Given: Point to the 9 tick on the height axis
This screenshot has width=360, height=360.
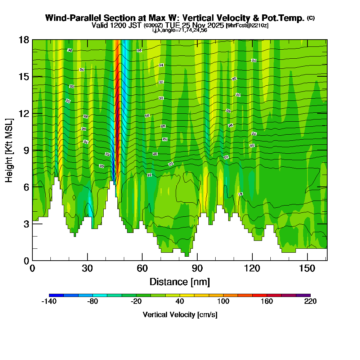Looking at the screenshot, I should point(32,150).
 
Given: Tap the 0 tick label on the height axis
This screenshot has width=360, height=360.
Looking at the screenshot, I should point(26,260).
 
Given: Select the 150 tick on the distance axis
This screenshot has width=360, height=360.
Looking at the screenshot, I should point(307,260).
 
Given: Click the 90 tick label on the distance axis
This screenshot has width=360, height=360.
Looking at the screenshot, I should point(197,269).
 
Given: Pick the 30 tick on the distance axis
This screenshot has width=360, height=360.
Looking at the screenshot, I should point(87,260).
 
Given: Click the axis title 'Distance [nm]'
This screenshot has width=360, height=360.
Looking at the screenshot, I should point(180,282).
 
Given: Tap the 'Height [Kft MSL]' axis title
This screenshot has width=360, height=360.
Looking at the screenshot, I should point(9,150).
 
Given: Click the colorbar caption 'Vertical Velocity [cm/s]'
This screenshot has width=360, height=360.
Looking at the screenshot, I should point(180,315).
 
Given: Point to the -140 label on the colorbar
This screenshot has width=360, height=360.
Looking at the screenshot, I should point(49,302).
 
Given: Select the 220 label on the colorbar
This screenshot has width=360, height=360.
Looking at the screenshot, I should point(310,302).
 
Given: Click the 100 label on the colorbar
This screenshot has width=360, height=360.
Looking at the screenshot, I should point(223,302).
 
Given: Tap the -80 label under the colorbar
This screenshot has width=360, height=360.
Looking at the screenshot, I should point(93,302).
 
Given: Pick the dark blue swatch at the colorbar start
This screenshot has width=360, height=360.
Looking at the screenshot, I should point(56,295).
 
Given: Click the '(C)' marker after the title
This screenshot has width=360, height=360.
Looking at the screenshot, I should point(311,18).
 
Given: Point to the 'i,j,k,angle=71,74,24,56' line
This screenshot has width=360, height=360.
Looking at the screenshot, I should point(180,30).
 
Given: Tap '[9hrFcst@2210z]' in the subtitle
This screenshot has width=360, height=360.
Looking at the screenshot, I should point(247,26).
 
